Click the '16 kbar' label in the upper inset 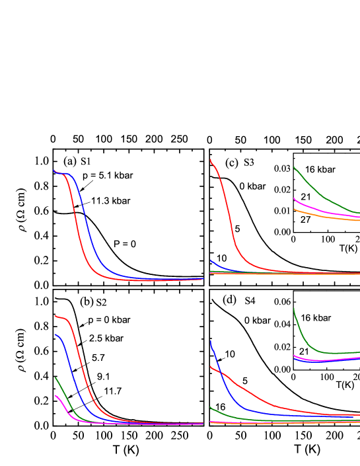coord(320,170)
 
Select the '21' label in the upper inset coord(306,197)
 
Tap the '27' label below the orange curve coord(306,219)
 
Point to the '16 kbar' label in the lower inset coord(316,318)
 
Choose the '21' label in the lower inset coord(305,352)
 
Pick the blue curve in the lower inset coord(317,362)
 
